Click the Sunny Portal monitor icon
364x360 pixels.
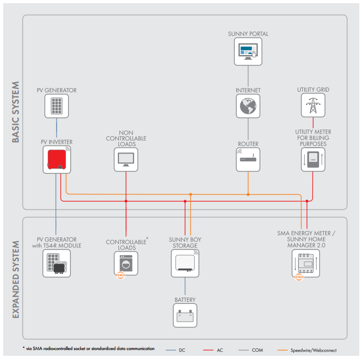pyautogui.click(x=248, y=51)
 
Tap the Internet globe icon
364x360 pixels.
pyautogui.click(x=248, y=106)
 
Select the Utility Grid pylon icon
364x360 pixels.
pyautogui.click(x=313, y=105)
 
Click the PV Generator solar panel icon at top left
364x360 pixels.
pyautogui.click(x=57, y=106)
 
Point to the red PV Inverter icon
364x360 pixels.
pyautogui.click(x=57, y=159)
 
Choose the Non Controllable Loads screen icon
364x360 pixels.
pyautogui.click(x=126, y=160)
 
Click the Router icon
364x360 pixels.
pyautogui.click(x=248, y=160)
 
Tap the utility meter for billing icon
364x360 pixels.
pyautogui.click(x=313, y=160)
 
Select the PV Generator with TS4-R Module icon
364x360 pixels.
pyautogui.click(x=57, y=264)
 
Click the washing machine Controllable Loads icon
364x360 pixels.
pyautogui.click(x=126, y=264)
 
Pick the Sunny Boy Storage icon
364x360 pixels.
pyautogui.click(x=185, y=264)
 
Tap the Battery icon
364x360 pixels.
pyautogui.click(x=185, y=315)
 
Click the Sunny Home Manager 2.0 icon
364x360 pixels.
pyautogui.click(x=306, y=264)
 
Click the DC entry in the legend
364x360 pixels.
pyautogui.click(x=176, y=350)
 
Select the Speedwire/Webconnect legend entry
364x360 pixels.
pyautogui.click(x=307, y=350)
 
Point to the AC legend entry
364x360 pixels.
pyautogui.click(x=213, y=350)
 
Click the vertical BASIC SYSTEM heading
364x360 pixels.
pyautogui.click(x=16, y=112)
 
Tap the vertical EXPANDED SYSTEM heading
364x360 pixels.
pyautogui.click(x=16, y=280)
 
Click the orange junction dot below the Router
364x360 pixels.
pyautogui.click(x=248, y=194)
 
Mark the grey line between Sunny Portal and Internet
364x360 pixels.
pyautogui.click(x=248, y=76)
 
